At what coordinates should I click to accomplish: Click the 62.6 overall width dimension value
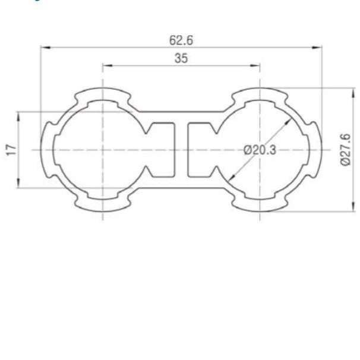181,40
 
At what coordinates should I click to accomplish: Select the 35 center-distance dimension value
181,59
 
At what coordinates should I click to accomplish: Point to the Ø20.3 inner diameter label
260,150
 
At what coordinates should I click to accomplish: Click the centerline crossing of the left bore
103,150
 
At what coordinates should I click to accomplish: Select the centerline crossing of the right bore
260,150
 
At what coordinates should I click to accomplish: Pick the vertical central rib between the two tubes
181,149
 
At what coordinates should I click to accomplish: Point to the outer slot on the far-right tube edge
317,150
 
